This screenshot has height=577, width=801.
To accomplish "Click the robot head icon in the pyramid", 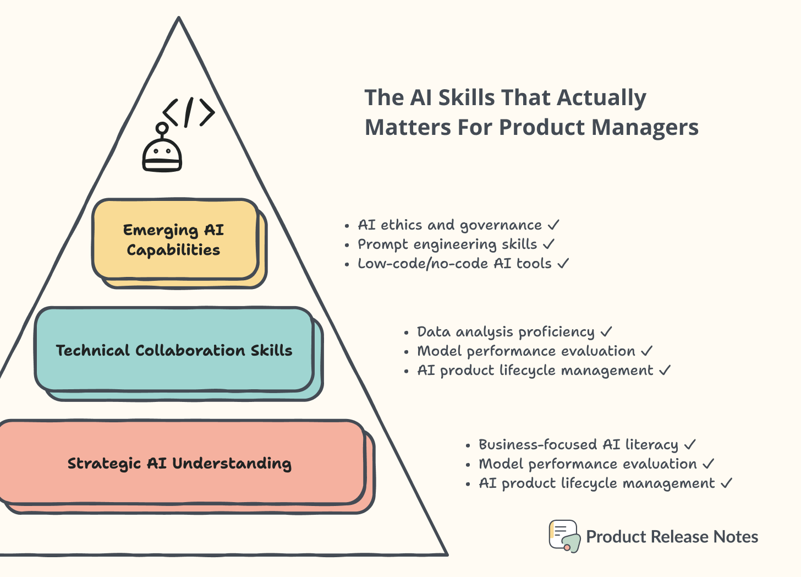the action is click(x=162, y=155).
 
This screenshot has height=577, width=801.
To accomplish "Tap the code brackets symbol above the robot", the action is click(x=189, y=113).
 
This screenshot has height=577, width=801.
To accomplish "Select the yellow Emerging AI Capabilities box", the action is click(x=175, y=239).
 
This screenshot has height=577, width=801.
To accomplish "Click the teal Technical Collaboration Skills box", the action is click(x=174, y=350).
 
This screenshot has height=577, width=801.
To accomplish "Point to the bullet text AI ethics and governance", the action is click(x=449, y=225).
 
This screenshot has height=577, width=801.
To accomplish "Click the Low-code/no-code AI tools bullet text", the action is click(x=454, y=264).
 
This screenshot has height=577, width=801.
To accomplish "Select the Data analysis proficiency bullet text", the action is click(x=506, y=332).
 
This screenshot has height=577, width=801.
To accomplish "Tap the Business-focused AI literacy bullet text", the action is click(x=578, y=445).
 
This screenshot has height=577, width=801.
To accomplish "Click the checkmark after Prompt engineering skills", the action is click(x=548, y=244).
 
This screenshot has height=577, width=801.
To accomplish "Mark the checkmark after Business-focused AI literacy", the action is click(x=690, y=444).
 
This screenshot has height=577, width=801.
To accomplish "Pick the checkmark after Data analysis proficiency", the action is click(x=606, y=332).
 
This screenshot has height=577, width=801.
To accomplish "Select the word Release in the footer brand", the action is click(x=680, y=537).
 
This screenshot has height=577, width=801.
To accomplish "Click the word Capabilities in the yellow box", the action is click(x=173, y=250).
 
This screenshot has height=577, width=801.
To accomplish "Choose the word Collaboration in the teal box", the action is click(x=190, y=351).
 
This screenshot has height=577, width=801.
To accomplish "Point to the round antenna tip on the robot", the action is click(x=162, y=128).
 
